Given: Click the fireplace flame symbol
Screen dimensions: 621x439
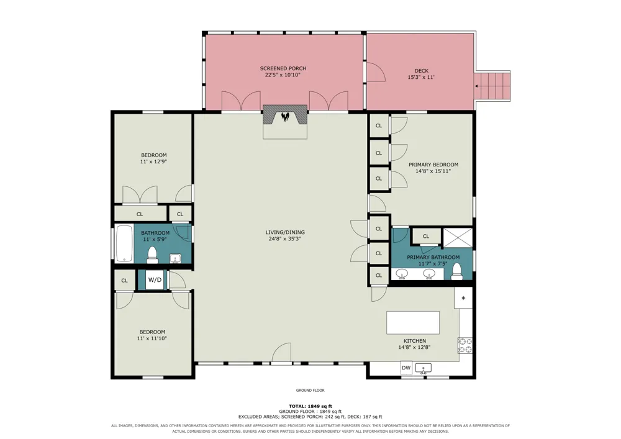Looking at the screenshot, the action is pyautogui.click(x=285, y=116).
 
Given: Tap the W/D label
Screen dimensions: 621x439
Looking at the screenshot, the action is pyautogui.click(x=155, y=280).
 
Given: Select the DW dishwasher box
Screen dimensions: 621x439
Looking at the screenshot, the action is pyautogui.click(x=406, y=368).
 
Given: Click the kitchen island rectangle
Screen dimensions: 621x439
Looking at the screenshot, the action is pyautogui.click(x=413, y=323).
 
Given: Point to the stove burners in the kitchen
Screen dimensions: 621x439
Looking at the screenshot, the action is pyautogui.click(x=465, y=345).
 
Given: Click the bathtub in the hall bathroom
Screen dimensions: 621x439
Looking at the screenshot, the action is pyautogui.click(x=124, y=244).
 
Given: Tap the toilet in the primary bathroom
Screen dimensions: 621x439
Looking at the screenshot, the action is pyautogui.click(x=457, y=271).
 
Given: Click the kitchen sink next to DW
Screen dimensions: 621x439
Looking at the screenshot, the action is pyautogui.click(x=423, y=369).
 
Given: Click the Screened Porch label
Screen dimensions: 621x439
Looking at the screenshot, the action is pyautogui.click(x=283, y=68).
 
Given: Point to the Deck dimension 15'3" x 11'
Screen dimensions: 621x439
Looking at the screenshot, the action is pyautogui.click(x=421, y=77).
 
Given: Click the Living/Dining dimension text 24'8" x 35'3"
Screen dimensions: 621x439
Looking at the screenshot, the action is pyautogui.click(x=285, y=238).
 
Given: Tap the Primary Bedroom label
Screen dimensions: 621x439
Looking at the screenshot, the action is pyautogui.click(x=433, y=165).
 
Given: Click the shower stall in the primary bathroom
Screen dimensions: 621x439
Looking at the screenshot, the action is pyautogui.click(x=458, y=238).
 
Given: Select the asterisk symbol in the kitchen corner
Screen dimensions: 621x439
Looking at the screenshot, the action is pyautogui.click(x=463, y=299).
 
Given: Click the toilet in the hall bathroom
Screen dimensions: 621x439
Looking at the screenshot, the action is pyautogui.click(x=153, y=255).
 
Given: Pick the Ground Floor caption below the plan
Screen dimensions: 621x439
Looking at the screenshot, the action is pyautogui.click(x=310, y=391).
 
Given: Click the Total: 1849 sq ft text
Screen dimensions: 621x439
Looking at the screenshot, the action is pyautogui.click(x=310, y=406).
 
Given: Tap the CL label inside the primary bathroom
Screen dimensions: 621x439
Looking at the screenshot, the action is pyautogui.click(x=426, y=237).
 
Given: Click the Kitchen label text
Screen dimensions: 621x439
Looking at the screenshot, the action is pyautogui.click(x=415, y=341).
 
